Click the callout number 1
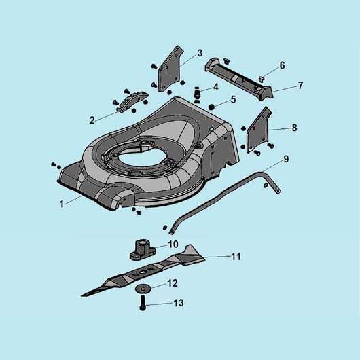pyautogui.click(x=61, y=204)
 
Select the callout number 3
pyautogui.click(x=200, y=53)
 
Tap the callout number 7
pyautogui.click(x=300, y=86)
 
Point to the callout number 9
pyautogui.click(x=286, y=159)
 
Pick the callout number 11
pyautogui.click(x=236, y=257)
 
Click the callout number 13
pyautogui.click(x=179, y=303)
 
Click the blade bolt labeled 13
pyautogui.click(x=143, y=303)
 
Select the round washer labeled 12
pyautogui.click(x=143, y=289)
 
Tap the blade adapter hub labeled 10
pyautogui.click(x=143, y=250)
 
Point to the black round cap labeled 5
pyautogui.click(x=211, y=107)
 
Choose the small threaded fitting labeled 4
pyautogui.click(x=197, y=94)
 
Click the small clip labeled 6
pyautogui.click(x=262, y=79)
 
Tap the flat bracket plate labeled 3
pyautogui.click(x=170, y=69)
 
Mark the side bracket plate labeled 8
pyautogui.click(x=258, y=130)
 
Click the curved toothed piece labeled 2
pyautogui.click(x=132, y=101)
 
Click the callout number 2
pyautogui.click(x=92, y=120)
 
